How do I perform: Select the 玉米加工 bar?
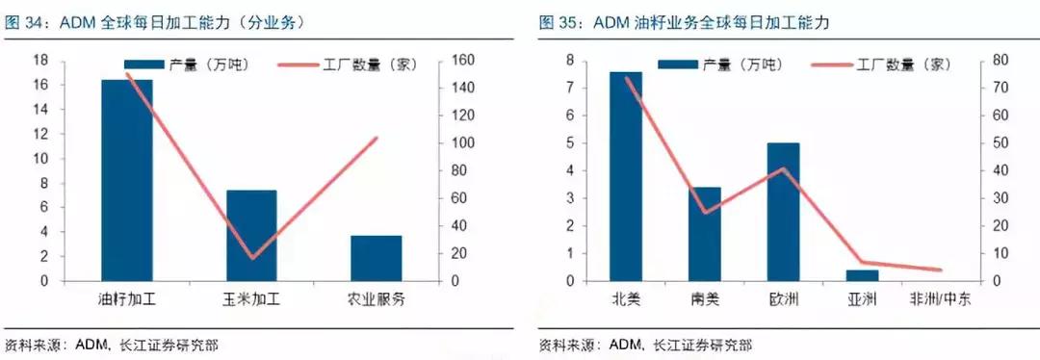pos(251,236)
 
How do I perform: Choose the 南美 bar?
pos(705,234)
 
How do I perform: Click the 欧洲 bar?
pos(783,212)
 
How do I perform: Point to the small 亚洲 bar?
pos(862,275)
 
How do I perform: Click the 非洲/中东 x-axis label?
pos(940,299)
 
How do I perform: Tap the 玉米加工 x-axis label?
pos(251,299)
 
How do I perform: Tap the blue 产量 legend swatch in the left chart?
pos(143,65)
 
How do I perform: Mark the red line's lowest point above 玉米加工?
pos(252,258)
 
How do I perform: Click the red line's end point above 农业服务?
pos(377,139)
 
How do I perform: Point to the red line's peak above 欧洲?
pos(784,169)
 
